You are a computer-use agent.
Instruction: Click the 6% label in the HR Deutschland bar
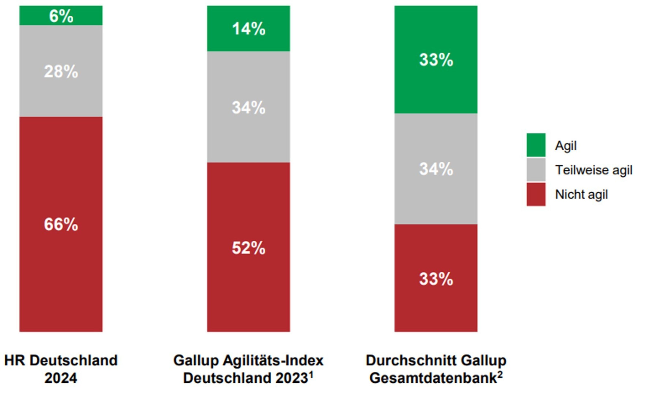point(61,16)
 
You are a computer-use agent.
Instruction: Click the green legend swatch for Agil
point(536,145)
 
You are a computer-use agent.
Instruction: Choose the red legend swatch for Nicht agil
point(536,194)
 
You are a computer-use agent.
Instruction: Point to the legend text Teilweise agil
point(593,170)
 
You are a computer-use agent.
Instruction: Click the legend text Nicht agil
point(581,195)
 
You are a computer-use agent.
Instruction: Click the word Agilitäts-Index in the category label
point(273,360)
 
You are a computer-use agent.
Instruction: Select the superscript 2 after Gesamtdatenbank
point(500,375)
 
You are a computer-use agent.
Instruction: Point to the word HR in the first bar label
point(15,360)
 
